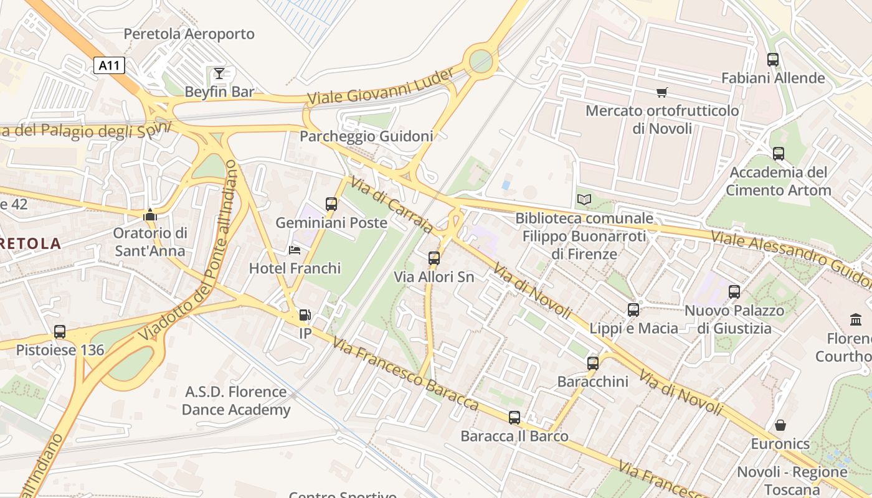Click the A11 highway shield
[110, 65]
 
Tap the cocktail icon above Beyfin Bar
[219, 74]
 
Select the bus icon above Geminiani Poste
[331, 204]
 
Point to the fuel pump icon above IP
[305, 316]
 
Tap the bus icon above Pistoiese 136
[60, 332]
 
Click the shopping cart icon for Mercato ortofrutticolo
[662, 93]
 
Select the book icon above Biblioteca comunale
[584, 200]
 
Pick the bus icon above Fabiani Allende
[773, 60]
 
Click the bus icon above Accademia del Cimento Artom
[779, 154]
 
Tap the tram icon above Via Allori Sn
[434, 258]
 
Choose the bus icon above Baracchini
[593, 363]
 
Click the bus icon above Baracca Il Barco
[514, 418]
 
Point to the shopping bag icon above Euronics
[780, 426]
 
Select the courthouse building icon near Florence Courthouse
[856, 320]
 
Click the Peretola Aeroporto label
[189, 34]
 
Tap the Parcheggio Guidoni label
[366, 136]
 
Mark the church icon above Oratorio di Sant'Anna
[149, 215]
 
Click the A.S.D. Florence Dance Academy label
[235, 401]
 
